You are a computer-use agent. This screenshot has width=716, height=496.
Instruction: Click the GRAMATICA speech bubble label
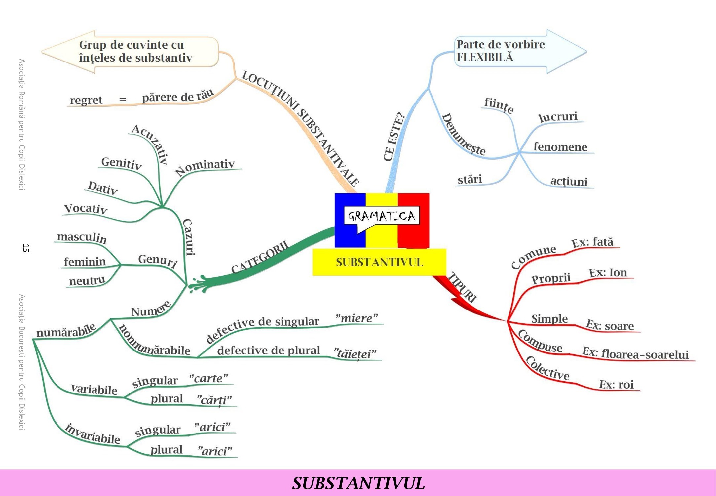pyautogui.click(x=382, y=216)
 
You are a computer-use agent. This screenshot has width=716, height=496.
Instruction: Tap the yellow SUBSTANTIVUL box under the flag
pyautogui.click(x=379, y=262)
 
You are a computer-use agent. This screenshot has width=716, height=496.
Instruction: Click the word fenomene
pyautogui.click(x=560, y=147)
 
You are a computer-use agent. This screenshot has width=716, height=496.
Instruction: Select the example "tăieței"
pyautogui.click(x=355, y=353)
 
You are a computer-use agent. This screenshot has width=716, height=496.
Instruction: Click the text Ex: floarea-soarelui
pyautogui.click(x=635, y=353)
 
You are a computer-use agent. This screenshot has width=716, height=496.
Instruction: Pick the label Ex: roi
pyautogui.click(x=616, y=384)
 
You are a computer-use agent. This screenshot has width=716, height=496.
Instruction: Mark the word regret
pyautogui.click(x=86, y=100)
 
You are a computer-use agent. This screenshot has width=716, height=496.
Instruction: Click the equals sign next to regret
pyautogui.click(x=123, y=99)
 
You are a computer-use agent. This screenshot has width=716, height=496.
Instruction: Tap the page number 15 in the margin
pyautogui.click(x=26, y=248)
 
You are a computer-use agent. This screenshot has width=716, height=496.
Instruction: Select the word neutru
pyautogui.click(x=87, y=281)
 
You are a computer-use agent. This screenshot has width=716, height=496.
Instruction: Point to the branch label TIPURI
pyautogui.click(x=463, y=287)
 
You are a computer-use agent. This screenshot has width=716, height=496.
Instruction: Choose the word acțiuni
pyautogui.click(x=569, y=181)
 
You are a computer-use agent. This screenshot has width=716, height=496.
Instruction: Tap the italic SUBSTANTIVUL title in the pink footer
pyautogui.click(x=358, y=483)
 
